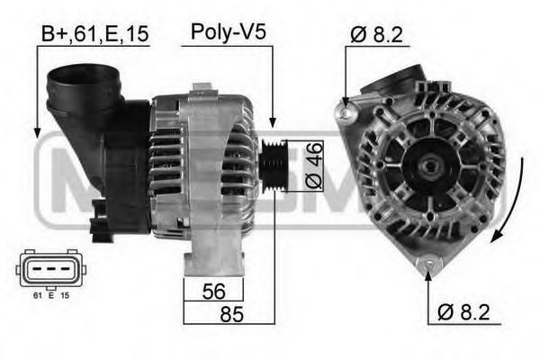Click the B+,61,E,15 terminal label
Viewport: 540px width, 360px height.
point(94,35)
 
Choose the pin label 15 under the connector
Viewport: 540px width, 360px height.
point(64,294)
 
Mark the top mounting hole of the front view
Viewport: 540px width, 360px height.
point(343,112)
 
